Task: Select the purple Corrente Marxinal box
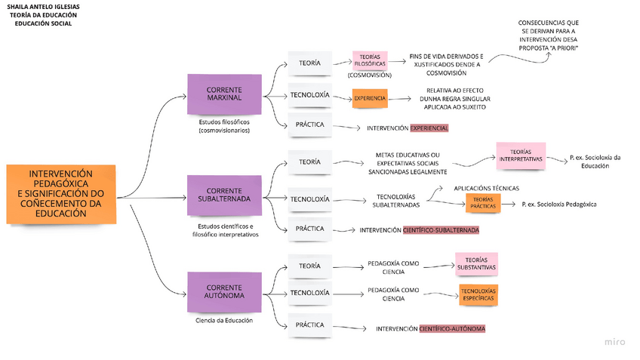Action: (224, 94)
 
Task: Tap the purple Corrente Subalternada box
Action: (224, 195)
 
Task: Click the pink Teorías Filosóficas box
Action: (369, 60)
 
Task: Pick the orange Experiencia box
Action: (370, 98)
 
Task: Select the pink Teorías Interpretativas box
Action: (520, 155)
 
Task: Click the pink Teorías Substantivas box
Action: (476, 263)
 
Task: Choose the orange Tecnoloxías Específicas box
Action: (478, 294)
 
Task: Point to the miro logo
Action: (614, 342)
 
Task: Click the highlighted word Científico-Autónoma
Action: (452, 329)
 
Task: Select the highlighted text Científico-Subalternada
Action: (442, 230)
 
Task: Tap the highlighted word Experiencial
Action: (429, 128)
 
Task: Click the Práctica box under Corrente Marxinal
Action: (309, 125)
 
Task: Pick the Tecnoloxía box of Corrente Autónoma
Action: (309, 293)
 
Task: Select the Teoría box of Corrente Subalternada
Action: (309, 162)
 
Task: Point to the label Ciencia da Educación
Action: (224, 321)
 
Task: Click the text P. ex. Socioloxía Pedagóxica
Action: (559, 205)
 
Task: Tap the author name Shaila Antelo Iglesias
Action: (43, 6)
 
